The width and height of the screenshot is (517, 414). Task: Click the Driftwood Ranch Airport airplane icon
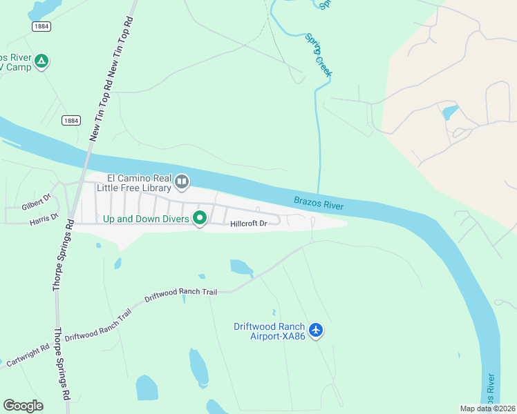point(317,331)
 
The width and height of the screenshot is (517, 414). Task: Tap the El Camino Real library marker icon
point(182,182)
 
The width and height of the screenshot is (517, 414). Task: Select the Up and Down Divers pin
point(200,219)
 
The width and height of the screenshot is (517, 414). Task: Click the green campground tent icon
point(42,61)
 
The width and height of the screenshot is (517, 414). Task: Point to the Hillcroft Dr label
point(247,224)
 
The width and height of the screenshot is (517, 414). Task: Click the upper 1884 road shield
point(41,26)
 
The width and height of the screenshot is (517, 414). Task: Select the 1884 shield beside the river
point(70,120)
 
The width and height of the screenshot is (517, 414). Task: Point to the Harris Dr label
point(44,218)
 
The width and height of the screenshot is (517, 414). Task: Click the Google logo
point(23,406)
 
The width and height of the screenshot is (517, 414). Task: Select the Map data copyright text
point(488,408)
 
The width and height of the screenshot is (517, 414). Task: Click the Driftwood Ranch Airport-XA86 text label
point(269,331)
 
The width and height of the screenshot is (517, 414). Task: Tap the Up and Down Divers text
point(146,219)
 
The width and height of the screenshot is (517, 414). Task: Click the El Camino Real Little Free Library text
point(138,182)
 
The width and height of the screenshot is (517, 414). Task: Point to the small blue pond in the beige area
point(450,112)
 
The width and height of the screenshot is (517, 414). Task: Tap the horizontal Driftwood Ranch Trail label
point(180,293)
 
